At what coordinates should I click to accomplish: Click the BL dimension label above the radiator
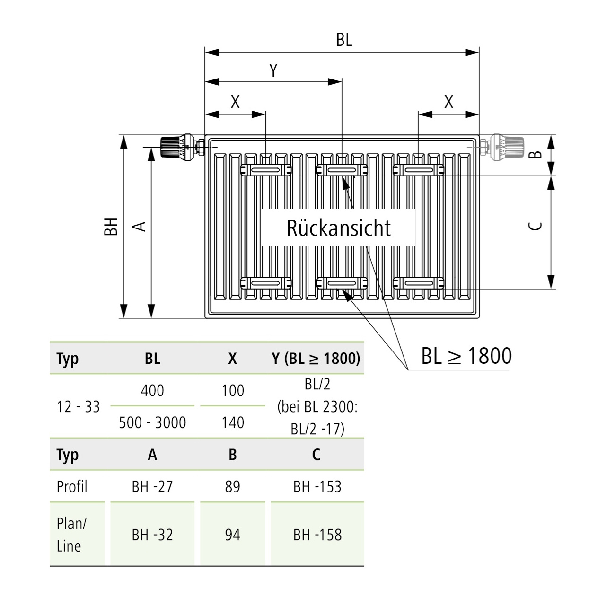344,40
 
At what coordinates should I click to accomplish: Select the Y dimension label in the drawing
273,71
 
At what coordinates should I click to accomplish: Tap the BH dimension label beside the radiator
111,227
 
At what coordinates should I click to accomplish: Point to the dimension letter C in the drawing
535,226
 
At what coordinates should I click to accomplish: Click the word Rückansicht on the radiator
339,228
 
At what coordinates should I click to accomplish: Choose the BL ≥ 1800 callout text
466,356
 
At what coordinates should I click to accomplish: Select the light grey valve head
506,147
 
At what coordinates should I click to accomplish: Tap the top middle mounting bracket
342,170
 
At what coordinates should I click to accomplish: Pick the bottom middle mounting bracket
342,283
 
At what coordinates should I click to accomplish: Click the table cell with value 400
152,391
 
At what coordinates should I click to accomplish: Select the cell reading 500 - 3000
152,422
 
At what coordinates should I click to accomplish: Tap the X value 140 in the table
233,422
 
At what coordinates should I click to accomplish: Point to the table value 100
233,391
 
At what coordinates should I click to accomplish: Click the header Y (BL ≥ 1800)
316,359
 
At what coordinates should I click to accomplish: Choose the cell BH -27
152,486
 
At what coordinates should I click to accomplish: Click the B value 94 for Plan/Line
233,535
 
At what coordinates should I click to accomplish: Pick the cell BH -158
317,535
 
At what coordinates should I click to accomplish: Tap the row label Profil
72,486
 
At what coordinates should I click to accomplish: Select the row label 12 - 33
79,406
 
